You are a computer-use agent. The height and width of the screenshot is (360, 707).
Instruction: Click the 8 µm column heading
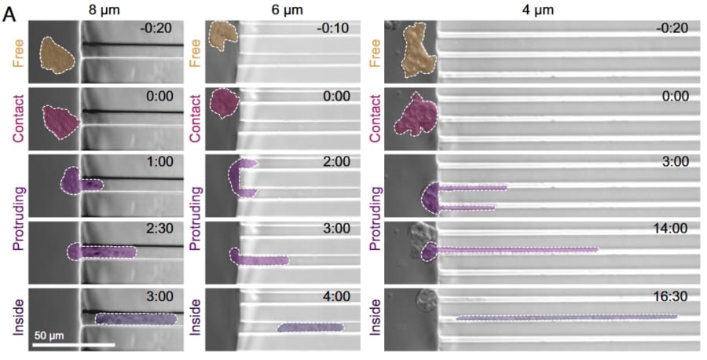point(104,9)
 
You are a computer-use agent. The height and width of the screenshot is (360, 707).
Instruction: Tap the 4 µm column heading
point(541,9)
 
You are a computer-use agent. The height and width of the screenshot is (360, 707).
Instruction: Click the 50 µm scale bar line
point(74,345)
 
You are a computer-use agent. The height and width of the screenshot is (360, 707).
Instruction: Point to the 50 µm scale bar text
point(49,336)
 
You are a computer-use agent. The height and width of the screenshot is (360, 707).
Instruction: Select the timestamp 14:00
point(672,229)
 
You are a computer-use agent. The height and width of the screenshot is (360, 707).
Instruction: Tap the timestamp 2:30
point(160,229)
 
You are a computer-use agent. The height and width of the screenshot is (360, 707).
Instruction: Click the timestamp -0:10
point(332,28)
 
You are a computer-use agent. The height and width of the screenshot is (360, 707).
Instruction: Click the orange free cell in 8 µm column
point(57,55)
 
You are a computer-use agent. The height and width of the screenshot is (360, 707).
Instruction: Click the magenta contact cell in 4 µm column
point(416,115)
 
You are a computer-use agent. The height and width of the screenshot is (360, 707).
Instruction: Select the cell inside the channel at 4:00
point(310,328)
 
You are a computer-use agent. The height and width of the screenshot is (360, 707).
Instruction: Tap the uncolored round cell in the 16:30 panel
point(426,301)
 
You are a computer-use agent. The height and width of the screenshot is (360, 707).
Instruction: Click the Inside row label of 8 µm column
point(19,318)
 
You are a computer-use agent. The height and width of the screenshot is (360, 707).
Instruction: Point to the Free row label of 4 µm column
point(375,53)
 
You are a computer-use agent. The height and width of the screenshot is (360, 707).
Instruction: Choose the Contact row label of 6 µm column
point(196,119)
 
